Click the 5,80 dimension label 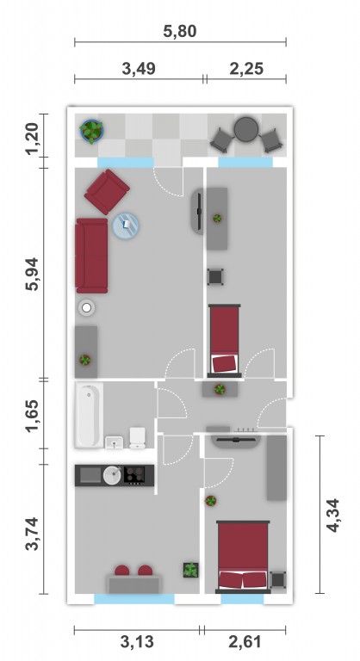pyautogui.click(x=180, y=31)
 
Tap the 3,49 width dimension pyautogui.click(x=139, y=68)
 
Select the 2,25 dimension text pyautogui.click(x=246, y=68)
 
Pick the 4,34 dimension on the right pyautogui.click(x=333, y=516)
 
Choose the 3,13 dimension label pyautogui.click(x=137, y=642)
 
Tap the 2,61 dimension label pyautogui.click(x=245, y=642)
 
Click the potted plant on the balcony pyautogui.click(x=91, y=131)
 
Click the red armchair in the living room pyautogui.click(x=107, y=192)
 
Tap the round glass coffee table pyautogui.click(x=126, y=225)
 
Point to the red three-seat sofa pyautogui.click(x=91, y=256)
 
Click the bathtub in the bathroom pyautogui.click(x=89, y=416)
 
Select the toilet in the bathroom pyautogui.click(x=137, y=438)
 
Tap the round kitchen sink pyautogui.click(x=113, y=475)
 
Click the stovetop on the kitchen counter pyautogui.click(x=134, y=475)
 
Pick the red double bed pyautogui.click(x=243, y=557)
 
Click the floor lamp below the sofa pyautogui.click(x=86, y=308)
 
